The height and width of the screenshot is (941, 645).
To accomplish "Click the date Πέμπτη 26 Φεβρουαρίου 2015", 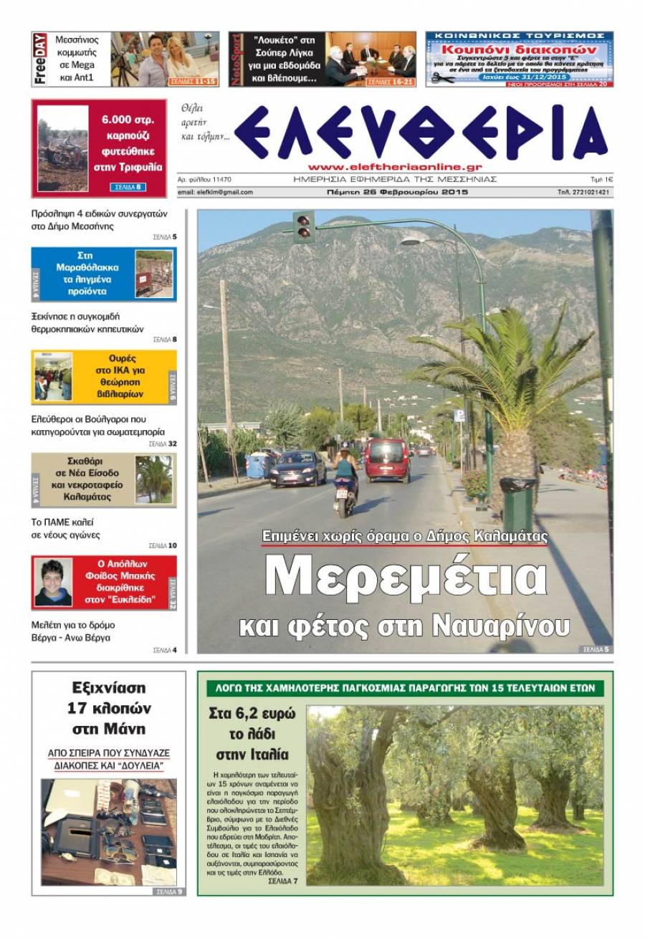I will coord(396,192).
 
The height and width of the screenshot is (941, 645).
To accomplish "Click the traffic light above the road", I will coord(304,226).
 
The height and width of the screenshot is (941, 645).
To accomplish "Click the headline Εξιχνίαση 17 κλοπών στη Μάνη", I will coord(108,708).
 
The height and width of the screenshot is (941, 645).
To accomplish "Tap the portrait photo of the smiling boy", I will coord(53,582).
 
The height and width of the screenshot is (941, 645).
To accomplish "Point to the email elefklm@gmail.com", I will coord(215,192).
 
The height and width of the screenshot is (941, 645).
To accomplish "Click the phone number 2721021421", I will coord(583,192).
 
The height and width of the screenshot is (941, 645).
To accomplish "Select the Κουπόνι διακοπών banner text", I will coord(519,51).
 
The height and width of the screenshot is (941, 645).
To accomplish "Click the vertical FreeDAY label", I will coord(40,59).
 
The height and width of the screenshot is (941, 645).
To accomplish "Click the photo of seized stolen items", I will coord(108,831).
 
